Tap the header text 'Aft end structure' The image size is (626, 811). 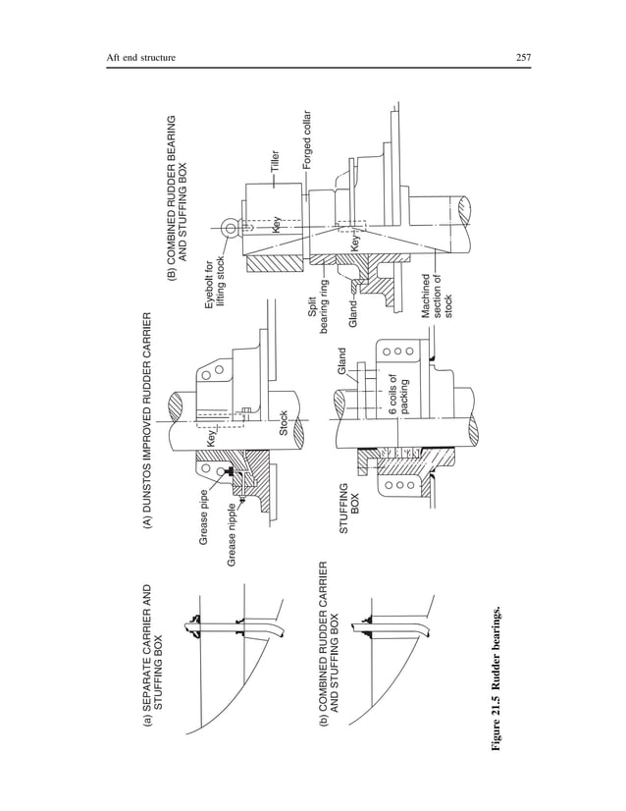click(x=140, y=58)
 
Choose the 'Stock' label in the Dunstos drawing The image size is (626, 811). click(x=285, y=424)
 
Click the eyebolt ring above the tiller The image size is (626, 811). click(x=231, y=228)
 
